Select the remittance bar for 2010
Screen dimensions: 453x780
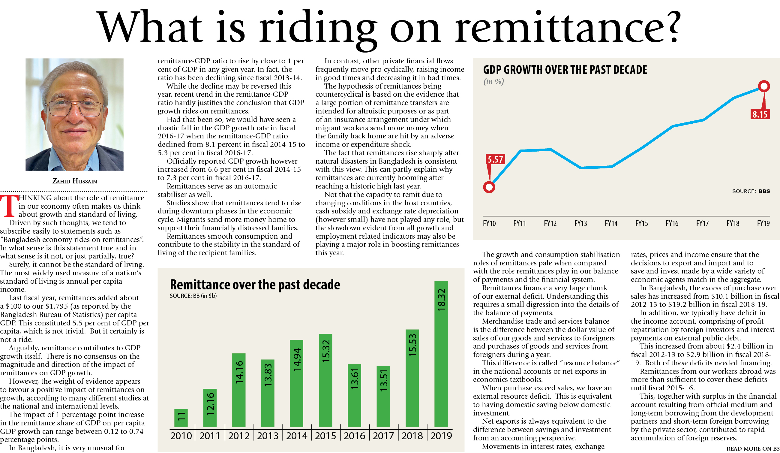tap(181, 418)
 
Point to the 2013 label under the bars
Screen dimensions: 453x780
tap(268, 436)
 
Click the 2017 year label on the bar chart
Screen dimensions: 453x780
tap(383, 436)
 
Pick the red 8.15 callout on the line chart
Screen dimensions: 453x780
tap(760, 114)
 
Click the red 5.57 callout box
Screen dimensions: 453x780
tap(495, 159)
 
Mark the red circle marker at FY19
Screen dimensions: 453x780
tap(764, 86)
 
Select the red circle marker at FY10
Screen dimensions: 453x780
tap(489, 187)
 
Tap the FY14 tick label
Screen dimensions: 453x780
tap(611, 223)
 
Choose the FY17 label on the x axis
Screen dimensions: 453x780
tap(702, 223)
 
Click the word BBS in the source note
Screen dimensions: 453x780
tap(764, 191)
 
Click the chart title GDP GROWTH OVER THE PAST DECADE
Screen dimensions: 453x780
tap(565, 70)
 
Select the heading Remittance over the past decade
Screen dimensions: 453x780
tap(255, 284)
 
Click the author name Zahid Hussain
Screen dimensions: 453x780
tap(75, 181)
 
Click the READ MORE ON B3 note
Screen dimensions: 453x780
tap(753, 449)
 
